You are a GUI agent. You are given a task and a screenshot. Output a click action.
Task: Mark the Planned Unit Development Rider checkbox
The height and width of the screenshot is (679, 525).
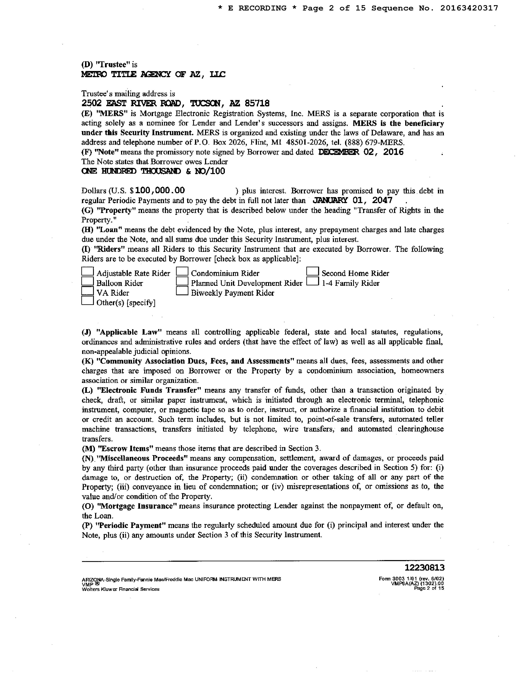tap(182, 281)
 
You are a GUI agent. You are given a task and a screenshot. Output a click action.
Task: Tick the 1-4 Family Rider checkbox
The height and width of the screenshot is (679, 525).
tap(313, 281)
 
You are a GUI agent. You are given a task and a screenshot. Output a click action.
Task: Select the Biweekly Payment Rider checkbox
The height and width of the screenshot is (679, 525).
tap(182, 291)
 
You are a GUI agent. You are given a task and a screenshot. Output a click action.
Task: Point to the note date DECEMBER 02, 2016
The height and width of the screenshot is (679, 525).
tap(361, 152)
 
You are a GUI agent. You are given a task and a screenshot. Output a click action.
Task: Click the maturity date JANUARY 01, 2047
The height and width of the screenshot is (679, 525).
tap(352, 200)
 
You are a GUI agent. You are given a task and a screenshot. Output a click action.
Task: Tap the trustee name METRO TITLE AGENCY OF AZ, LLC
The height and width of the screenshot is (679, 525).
tap(153, 74)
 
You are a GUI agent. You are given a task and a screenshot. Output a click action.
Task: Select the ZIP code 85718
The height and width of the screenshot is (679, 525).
tap(257, 103)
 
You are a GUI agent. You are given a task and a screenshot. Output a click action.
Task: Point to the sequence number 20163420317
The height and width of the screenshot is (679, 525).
tap(469, 8)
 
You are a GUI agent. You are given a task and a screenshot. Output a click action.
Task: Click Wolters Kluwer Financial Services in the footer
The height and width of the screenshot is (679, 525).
tap(120, 589)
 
